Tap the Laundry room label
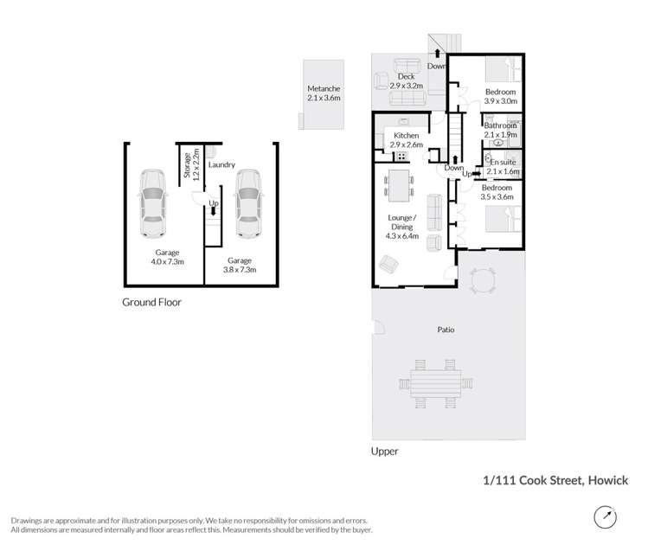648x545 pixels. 222,164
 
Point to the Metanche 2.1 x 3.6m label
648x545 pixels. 324,94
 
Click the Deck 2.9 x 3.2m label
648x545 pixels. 407,82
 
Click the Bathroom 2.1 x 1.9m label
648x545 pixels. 500,131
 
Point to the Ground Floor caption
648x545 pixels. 151,302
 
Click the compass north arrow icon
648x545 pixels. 606,516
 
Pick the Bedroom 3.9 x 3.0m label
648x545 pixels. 500,97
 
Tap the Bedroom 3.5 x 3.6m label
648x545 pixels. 497,192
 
